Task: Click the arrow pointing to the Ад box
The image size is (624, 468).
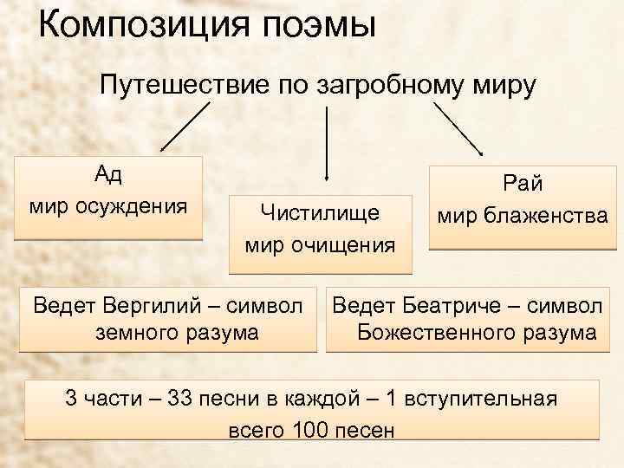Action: (185, 127)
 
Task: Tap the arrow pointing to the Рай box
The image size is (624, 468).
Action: (458, 130)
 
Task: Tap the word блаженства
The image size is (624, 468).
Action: (554, 215)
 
